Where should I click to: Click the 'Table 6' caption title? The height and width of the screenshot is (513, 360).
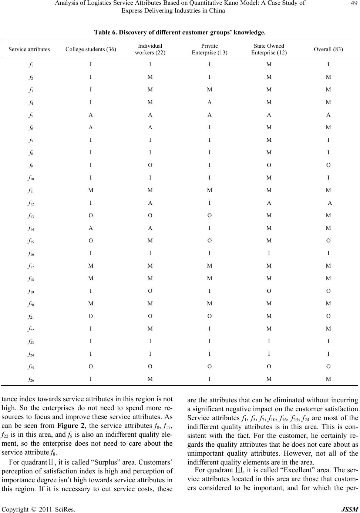pyautogui.click(x=179, y=33)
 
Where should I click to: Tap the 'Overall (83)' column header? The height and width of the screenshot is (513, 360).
pyautogui.click(x=328, y=49)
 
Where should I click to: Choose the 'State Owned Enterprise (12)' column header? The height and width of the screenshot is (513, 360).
pyautogui.click(x=269, y=49)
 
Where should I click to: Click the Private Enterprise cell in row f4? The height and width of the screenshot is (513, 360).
pyautogui.click(x=209, y=102)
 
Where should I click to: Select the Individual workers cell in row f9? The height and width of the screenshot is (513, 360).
pyautogui.click(x=150, y=165)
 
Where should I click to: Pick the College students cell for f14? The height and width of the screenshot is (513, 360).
pyautogui.click(x=91, y=228)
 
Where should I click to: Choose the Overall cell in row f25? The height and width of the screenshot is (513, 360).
pyautogui.click(x=328, y=366)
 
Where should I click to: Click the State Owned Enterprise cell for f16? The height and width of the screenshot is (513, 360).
pyautogui.click(x=269, y=253)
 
